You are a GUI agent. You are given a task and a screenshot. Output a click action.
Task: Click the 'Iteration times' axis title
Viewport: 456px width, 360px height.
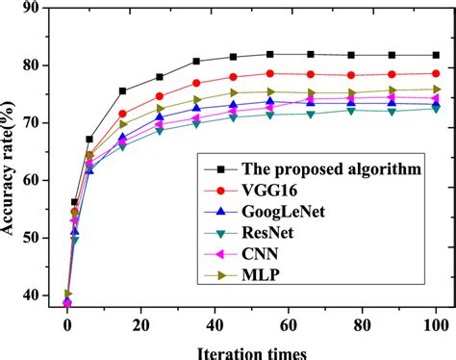(x=251, y=351)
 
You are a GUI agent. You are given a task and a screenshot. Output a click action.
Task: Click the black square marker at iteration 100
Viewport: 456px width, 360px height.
(x=436, y=55)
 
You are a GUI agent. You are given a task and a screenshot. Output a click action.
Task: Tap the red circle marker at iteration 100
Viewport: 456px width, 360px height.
(x=436, y=73)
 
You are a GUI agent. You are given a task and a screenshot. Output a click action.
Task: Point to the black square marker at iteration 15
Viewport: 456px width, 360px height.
(x=122, y=91)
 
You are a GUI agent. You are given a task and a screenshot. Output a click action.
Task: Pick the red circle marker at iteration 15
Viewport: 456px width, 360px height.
(x=122, y=114)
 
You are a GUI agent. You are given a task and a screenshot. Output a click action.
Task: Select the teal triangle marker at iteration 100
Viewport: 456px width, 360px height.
(x=436, y=109)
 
